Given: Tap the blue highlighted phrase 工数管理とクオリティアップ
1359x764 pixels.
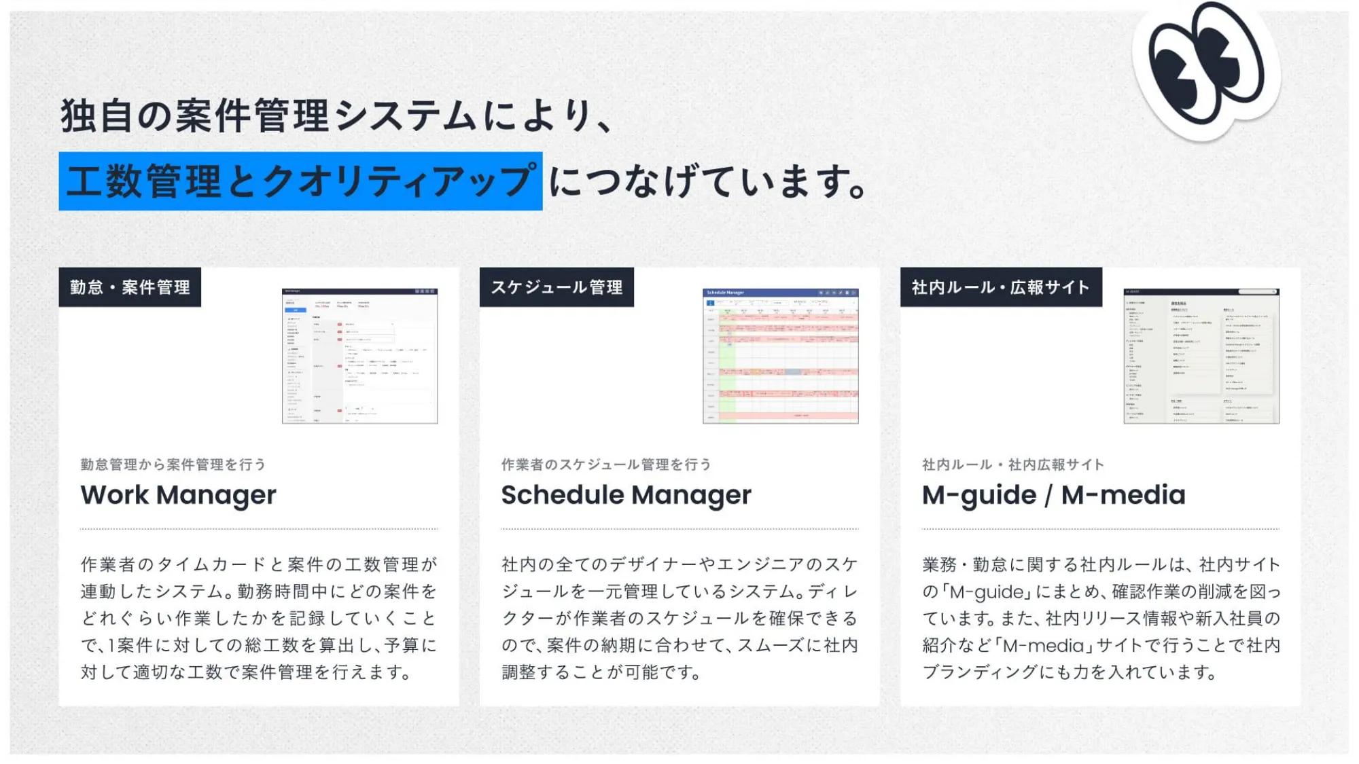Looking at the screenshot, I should pyautogui.click(x=300, y=181).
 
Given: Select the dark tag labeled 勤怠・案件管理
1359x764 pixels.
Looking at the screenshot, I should pyautogui.click(x=130, y=287).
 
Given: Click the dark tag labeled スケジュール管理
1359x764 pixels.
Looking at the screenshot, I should pyautogui.click(x=557, y=287).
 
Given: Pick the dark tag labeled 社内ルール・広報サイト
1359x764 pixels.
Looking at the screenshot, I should pyautogui.click(x=1001, y=287).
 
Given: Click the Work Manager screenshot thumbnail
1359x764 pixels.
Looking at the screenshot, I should pyautogui.click(x=359, y=356).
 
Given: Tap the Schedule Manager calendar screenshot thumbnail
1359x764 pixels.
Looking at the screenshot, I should pyautogui.click(x=780, y=356).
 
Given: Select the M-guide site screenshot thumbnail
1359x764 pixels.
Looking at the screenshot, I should pyautogui.click(x=1201, y=356).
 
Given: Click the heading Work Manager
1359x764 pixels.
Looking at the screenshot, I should pyautogui.click(x=178, y=495).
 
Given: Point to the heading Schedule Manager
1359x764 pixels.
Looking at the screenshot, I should pyautogui.click(x=626, y=495).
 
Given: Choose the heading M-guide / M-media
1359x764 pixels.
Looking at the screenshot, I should pyautogui.click(x=1053, y=495).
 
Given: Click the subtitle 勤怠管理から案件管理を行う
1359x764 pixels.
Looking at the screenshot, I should pyautogui.click(x=173, y=465).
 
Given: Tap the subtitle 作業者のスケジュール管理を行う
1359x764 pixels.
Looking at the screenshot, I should pyautogui.click(x=606, y=465).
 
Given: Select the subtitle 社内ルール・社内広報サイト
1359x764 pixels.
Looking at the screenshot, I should pyautogui.click(x=1012, y=465).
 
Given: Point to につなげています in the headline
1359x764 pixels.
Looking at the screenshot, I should pyautogui.click(x=707, y=182).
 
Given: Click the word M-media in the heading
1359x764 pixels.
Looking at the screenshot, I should pyautogui.click(x=1123, y=495).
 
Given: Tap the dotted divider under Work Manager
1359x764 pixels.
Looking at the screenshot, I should pyautogui.click(x=259, y=528).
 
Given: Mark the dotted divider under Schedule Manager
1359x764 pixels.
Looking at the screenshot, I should pyautogui.click(x=679, y=528).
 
